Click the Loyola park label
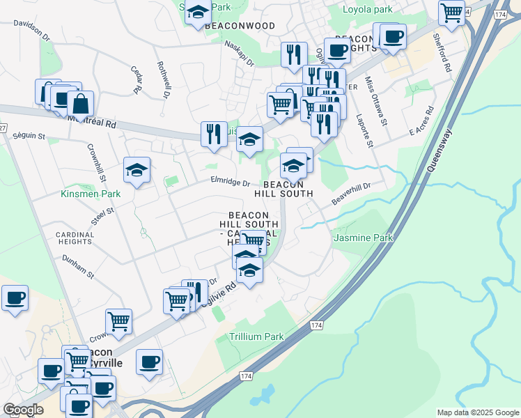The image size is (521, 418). point(368,10)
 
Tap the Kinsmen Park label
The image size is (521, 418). point(91,194)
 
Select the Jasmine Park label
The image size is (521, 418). point(363,238)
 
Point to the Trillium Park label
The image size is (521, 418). point(256,336)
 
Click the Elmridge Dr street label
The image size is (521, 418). point(231,183)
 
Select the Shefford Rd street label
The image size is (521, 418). point(442,53)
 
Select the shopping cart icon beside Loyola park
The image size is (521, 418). point(452,11)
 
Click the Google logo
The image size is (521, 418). point(23,410)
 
